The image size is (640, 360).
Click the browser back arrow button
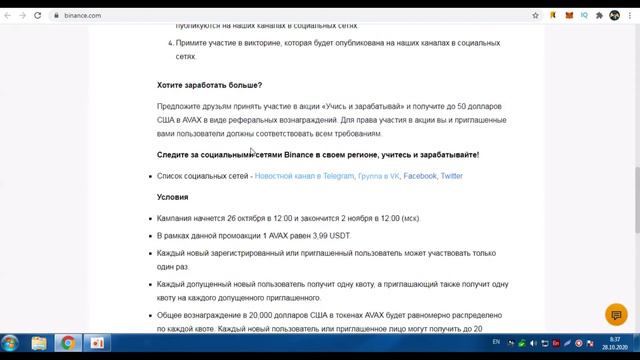click(x=9, y=15)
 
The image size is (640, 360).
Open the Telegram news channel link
click(x=304, y=176)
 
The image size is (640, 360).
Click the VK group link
click(x=379, y=176)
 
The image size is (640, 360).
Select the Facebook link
click(x=420, y=176)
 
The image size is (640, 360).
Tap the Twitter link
click(x=452, y=176)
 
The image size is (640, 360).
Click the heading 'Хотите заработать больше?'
click(x=209, y=85)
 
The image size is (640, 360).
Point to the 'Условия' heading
click(x=172, y=197)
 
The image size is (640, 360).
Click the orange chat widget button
click(x=616, y=316)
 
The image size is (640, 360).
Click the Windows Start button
click(x=11, y=343)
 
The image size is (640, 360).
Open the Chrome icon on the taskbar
click(x=68, y=343)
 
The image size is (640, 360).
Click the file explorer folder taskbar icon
click(x=39, y=343)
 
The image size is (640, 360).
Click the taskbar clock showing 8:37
click(x=615, y=343)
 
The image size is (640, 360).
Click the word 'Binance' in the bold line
click(x=299, y=155)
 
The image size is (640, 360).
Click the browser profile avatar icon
click(x=615, y=15)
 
